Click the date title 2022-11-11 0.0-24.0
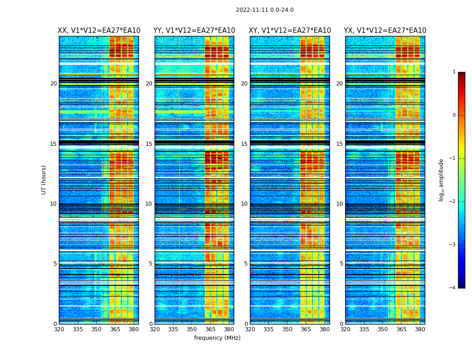click(x=264, y=10)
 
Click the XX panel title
click(x=99, y=31)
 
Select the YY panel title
click(x=194, y=31)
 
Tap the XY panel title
click(x=290, y=31)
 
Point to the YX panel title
click(x=385, y=31)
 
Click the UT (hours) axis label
click(x=44, y=180)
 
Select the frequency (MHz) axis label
click(x=217, y=338)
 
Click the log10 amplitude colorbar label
click(x=441, y=180)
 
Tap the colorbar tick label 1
click(x=454, y=72)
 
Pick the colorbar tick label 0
click(x=454, y=115)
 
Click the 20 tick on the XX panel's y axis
click(x=53, y=84)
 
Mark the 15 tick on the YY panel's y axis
click(x=149, y=144)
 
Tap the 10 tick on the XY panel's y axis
click(x=244, y=204)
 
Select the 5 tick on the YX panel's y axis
click(x=341, y=264)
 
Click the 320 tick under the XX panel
click(x=59, y=329)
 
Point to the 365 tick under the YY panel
click(x=210, y=329)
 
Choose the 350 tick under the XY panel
click(x=287, y=329)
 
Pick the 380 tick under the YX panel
click(x=420, y=329)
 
